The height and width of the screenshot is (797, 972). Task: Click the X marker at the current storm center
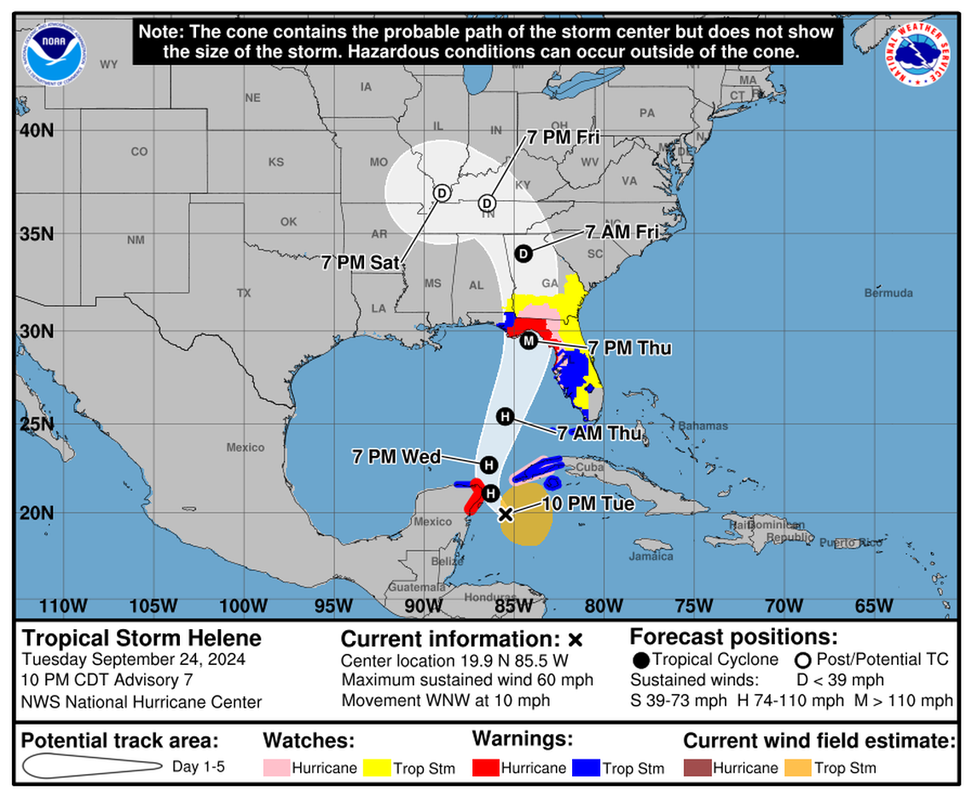coord(505,514)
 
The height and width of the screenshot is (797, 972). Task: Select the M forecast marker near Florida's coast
coord(528,341)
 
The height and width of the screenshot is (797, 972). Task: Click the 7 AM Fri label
coord(622,232)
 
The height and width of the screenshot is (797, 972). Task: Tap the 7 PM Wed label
coord(396,457)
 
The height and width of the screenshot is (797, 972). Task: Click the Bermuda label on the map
coord(888,293)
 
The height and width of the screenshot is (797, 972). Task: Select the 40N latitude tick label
coord(37,130)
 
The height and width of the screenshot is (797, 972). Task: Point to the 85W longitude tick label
coord(512,606)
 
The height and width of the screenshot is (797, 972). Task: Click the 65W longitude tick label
coord(873,606)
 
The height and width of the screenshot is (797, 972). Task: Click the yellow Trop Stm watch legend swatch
coord(377,767)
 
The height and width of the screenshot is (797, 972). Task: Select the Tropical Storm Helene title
coord(142,638)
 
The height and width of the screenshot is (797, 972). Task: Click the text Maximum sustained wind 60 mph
coord(467,680)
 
